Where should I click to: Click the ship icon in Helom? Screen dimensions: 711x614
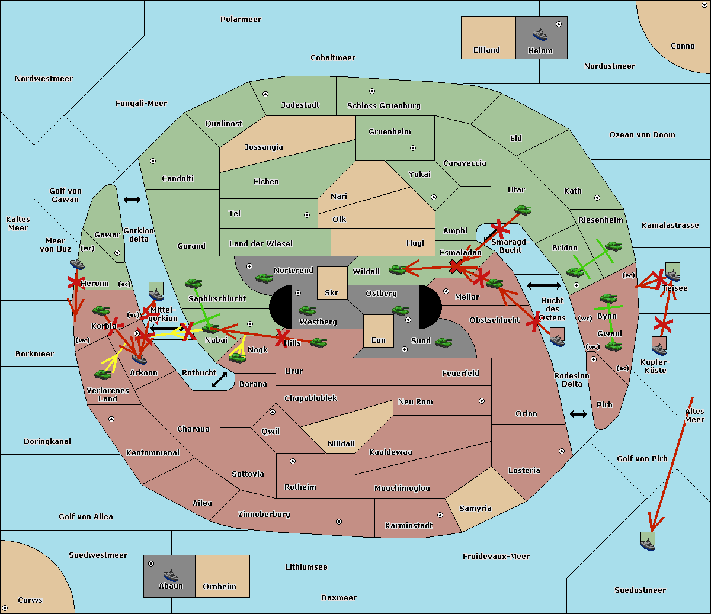(540, 34)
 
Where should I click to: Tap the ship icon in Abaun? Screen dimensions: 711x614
(171, 575)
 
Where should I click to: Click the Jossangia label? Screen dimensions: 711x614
(264, 147)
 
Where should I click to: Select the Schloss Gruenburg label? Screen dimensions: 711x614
(383, 105)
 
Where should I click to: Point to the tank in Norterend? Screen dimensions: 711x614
(264, 278)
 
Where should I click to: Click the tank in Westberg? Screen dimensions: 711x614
(307, 310)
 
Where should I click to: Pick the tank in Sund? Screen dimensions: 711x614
(443, 342)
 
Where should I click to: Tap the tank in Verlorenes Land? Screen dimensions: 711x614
(103, 374)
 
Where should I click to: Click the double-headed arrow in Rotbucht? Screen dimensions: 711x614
(219, 380)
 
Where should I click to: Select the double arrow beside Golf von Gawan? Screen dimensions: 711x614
(132, 200)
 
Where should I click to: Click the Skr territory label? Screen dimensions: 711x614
(331, 292)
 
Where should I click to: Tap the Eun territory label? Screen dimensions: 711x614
(379, 340)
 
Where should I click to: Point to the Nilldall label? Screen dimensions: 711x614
(341, 443)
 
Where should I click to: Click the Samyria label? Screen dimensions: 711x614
(475, 508)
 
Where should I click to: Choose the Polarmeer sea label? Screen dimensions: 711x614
(241, 20)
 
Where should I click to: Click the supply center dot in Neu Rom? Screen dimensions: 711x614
(482, 401)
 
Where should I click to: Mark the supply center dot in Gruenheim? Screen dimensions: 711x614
(413, 148)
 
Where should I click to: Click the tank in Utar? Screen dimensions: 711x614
(523, 210)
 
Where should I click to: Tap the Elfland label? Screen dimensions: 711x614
(486, 50)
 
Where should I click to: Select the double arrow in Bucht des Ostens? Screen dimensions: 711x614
(544, 285)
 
